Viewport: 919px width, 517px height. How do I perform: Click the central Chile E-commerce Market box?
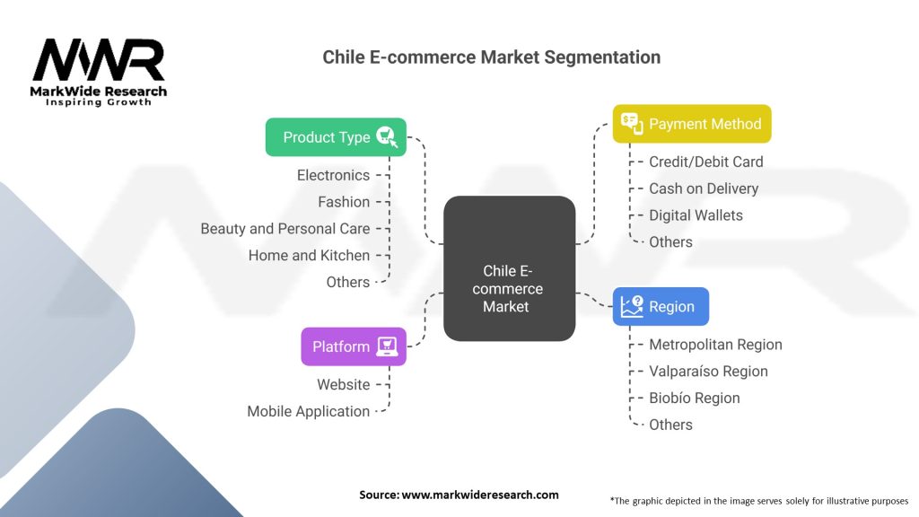(510, 269)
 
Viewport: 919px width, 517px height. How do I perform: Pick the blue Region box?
(661, 306)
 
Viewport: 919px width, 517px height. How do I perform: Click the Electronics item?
(333, 175)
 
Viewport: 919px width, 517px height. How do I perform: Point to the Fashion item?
(344, 202)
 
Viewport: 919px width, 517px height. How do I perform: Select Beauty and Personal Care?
(285, 229)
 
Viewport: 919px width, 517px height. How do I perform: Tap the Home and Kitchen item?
(309, 255)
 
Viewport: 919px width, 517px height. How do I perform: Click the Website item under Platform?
(343, 384)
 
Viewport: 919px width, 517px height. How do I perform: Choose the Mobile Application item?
(309, 411)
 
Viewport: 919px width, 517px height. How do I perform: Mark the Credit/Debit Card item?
(706, 162)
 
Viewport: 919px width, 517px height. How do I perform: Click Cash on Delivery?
(704, 188)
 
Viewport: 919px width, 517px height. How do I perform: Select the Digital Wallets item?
(696, 215)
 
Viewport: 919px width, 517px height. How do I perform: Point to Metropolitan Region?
(715, 345)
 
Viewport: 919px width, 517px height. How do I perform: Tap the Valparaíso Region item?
(708, 371)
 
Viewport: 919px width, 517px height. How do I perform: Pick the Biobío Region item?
(695, 398)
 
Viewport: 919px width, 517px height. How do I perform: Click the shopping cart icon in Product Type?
(385, 136)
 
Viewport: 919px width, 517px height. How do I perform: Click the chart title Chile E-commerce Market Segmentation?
(491, 57)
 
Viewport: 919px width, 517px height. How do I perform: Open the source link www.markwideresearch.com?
(480, 495)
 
